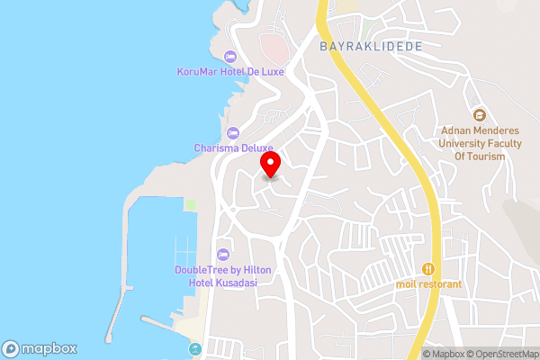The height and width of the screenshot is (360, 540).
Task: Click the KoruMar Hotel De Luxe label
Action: click(x=230, y=73)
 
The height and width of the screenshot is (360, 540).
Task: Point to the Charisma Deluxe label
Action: click(x=232, y=148)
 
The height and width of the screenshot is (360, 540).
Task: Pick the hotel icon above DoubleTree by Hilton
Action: click(x=223, y=253)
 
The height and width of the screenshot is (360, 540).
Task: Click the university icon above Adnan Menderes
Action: click(x=480, y=115)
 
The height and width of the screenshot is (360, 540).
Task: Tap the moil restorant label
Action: click(x=428, y=284)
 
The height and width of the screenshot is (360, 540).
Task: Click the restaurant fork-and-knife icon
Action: click(x=429, y=268)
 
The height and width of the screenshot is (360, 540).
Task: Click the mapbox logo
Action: click(x=40, y=348)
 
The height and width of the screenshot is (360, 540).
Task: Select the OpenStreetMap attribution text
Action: click(x=500, y=354)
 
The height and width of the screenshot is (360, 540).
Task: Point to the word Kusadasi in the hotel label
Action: click(x=236, y=282)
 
